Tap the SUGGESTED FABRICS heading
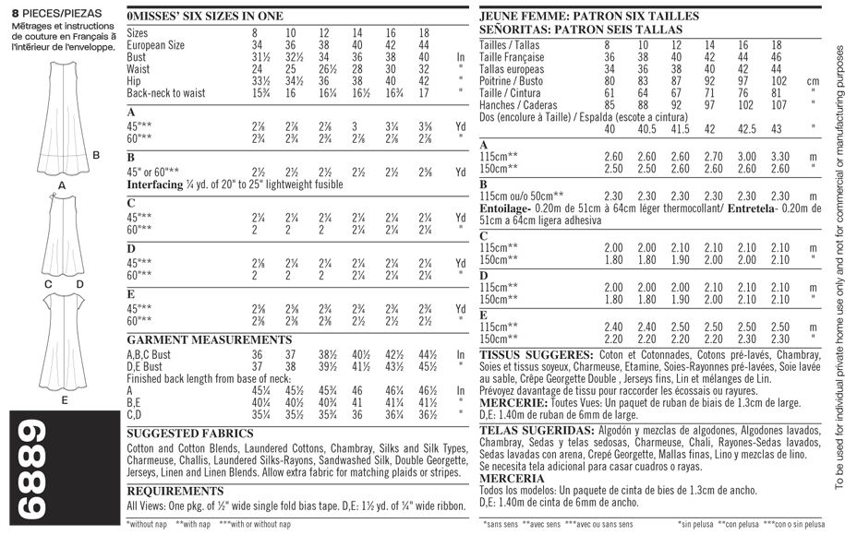coord(189,434)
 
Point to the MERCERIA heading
coord(512,479)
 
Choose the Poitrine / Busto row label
coord(517,81)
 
